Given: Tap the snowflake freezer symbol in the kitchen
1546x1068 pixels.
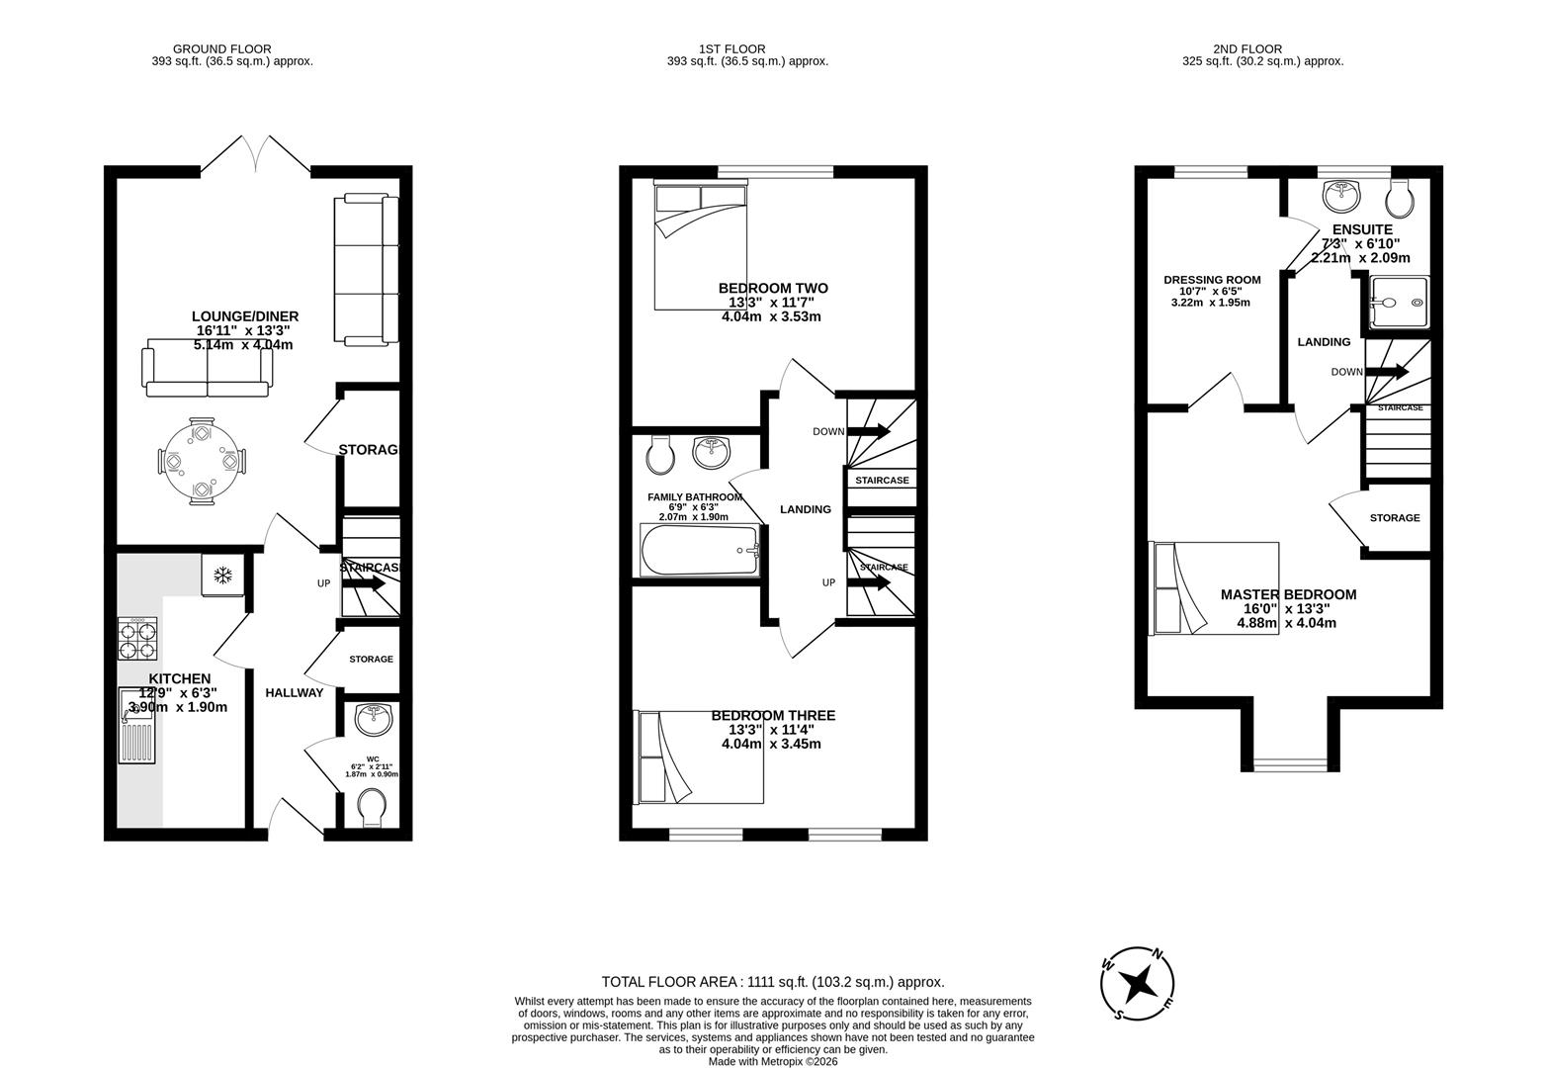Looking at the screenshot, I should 223,575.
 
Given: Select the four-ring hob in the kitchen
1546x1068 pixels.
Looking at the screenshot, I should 137,639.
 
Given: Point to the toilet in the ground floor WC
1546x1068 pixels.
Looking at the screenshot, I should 373,806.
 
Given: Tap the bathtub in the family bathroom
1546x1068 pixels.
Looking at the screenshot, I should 700,550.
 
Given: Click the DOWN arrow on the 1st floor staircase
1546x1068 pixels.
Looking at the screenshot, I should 868,431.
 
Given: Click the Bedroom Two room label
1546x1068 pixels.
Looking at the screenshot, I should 773,289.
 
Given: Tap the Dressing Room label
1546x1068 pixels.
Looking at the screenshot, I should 1212,280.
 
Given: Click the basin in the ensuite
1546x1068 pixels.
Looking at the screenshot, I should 1341,194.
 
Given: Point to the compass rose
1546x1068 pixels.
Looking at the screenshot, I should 1139,983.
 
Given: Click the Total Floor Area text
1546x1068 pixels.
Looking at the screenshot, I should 773,982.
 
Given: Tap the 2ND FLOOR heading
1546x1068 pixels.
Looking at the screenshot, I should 1246,48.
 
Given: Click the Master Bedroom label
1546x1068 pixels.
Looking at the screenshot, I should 1288,594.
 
